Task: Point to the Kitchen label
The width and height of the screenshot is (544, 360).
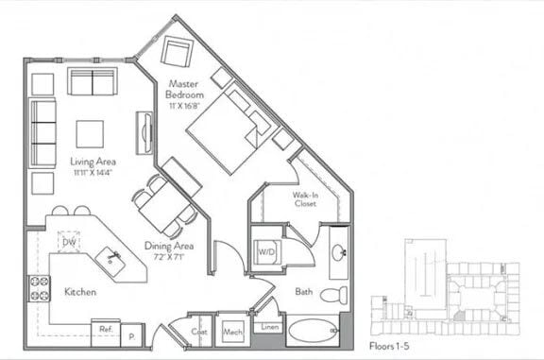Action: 79,292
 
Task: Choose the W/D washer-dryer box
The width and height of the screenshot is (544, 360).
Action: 266,252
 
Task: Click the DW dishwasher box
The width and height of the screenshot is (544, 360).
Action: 67,242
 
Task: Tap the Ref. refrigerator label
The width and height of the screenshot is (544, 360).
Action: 105,330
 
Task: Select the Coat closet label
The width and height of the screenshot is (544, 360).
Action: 198,331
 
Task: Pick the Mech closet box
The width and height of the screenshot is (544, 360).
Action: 232,332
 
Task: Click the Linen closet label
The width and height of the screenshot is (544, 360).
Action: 270,328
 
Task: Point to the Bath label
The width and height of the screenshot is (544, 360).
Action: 303,292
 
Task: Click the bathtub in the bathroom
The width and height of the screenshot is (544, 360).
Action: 313,333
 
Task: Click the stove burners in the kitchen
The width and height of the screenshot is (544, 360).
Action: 40,288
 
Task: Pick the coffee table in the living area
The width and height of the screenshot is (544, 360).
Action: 90,132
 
